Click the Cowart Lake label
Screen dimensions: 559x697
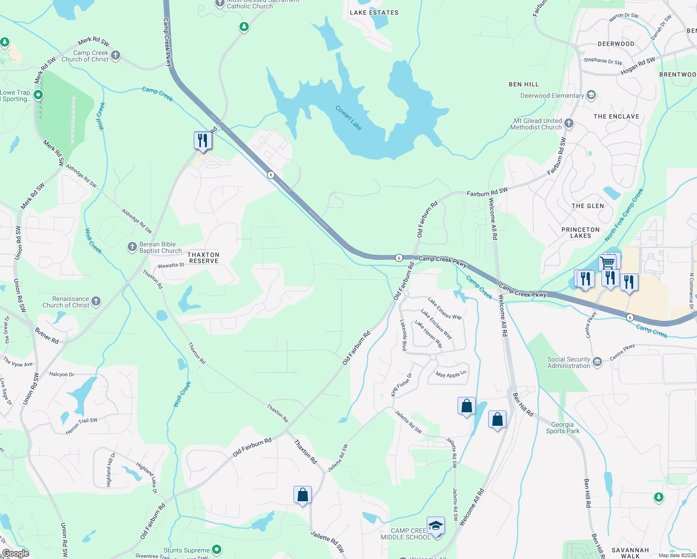[348, 118]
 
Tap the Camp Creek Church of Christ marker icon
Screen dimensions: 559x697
[116, 56]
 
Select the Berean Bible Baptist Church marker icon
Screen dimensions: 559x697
[132, 247]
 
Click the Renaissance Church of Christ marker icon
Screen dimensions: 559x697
[96, 302]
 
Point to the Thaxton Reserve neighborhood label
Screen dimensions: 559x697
[203, 258]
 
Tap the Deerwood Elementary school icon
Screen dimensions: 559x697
[591, 95]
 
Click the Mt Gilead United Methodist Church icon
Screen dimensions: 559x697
[569, 123]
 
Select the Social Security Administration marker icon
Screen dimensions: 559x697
[597, 361]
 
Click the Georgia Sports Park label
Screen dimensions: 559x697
[562, 428]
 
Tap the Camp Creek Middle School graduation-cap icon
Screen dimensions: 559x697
[436, 525]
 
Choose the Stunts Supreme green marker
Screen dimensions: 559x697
[216, 550]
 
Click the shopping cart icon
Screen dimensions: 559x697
[608, 263]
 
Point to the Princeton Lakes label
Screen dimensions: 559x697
[581, 232]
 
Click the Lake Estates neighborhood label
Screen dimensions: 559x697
[374, 13]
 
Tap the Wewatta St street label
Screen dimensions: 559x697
[171, 266]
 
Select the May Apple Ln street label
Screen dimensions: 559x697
[451, 374]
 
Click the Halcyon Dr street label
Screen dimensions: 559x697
[61, 374]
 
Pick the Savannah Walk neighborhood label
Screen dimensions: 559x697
[630, 553]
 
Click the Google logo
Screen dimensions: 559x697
[16, 553]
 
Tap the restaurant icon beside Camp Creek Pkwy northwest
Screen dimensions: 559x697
[203, 140]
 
